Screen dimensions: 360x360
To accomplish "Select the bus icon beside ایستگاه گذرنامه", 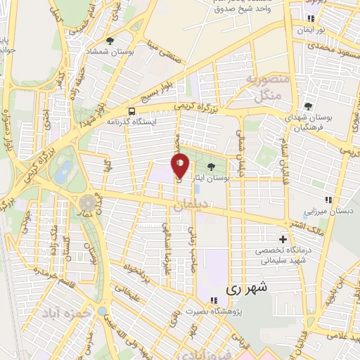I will (x=131, y=110).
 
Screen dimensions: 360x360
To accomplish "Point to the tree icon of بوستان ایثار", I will (x=212, y=166).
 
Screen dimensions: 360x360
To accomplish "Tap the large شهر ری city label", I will (x=247, y=288).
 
